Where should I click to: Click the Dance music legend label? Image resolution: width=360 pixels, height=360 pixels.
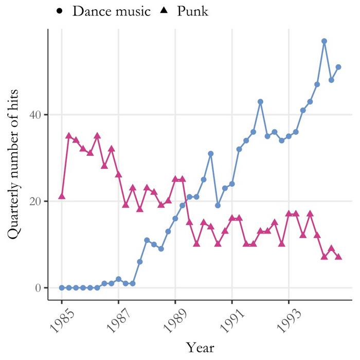coord(112,11)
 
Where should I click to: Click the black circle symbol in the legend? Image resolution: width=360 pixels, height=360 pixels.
coord(61,11)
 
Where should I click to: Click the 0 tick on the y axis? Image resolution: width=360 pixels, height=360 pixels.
coord(38,287)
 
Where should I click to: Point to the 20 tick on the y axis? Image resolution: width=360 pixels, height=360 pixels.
coord(34,201)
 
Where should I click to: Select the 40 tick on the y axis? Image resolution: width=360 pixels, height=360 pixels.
coord(34,115)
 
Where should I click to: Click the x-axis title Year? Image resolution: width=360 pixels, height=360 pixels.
coord(200,347)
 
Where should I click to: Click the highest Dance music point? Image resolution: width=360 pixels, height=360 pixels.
coord(324,41)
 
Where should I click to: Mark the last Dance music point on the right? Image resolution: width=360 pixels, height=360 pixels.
coord(338,67)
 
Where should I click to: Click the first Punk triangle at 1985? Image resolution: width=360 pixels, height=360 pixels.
coord(62,196)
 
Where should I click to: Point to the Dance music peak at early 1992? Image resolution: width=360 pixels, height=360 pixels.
coord(260,102)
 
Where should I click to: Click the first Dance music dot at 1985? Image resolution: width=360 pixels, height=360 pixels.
coord(62,287)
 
